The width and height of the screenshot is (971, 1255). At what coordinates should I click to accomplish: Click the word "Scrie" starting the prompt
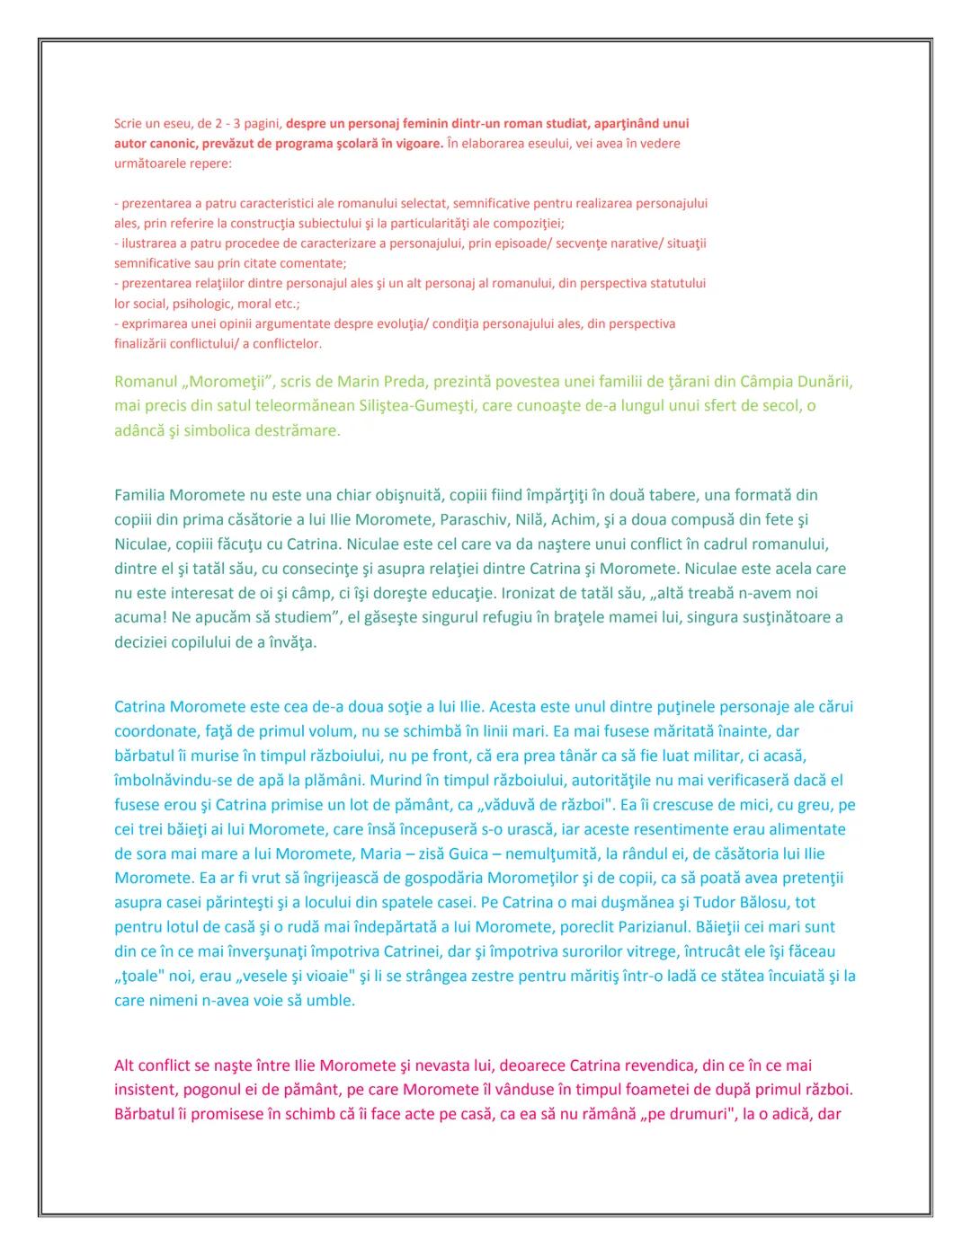[129, 123]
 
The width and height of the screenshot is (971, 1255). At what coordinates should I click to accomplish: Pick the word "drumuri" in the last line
[683, 1115]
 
